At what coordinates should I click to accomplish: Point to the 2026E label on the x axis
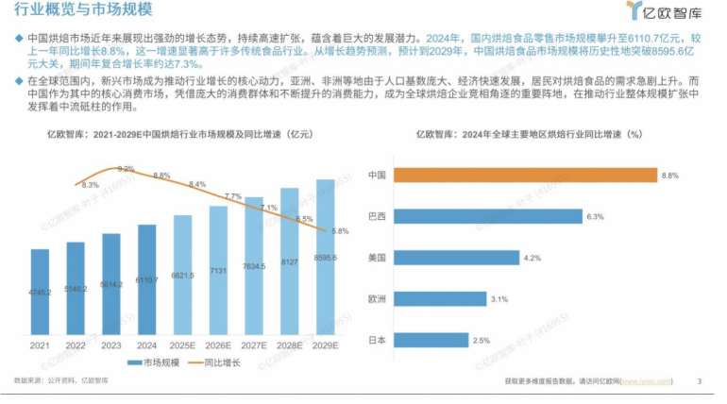click(x=218, y=346)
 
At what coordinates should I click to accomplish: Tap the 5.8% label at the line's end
click(x=341, y=231)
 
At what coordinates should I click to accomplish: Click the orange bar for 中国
click(x=524, y=175)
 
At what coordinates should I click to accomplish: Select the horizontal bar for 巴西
click(x=486, y=216)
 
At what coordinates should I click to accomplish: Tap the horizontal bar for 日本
click(x=431, y=340)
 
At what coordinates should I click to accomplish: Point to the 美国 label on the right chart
click(x=377, y=257)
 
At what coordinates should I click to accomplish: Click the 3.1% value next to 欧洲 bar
click(x=500, y=298)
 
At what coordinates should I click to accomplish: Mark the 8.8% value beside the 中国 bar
click(x=670, y=176)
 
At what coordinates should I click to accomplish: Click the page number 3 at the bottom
click(x=699, y=380)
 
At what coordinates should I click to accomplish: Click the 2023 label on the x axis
click(x=111, y=346)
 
